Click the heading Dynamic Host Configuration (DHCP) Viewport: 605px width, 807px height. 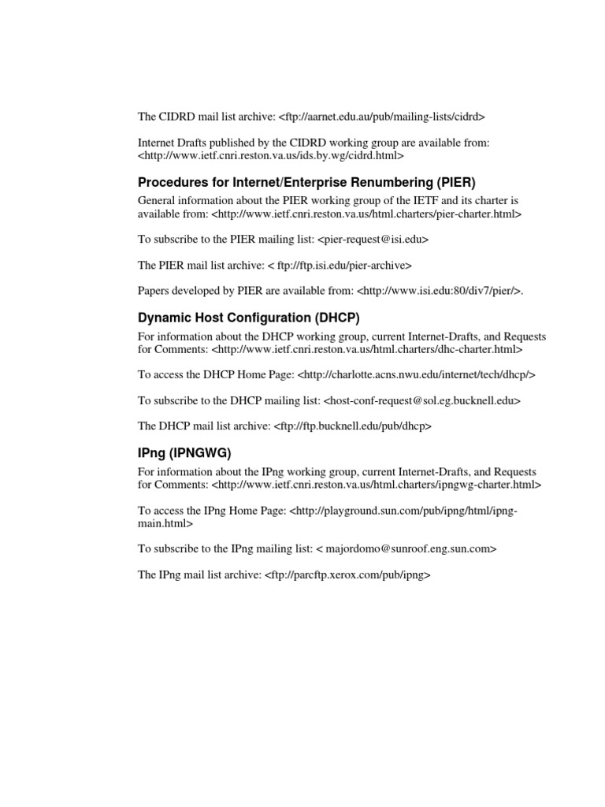(x=249, y=318)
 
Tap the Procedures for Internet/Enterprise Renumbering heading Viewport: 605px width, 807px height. (x=307, y=182)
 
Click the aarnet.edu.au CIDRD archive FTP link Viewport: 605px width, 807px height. (x=382, y=117)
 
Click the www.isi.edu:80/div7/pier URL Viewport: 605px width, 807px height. (x=439, y=292)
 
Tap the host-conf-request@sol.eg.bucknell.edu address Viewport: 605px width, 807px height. (x=422, y=400)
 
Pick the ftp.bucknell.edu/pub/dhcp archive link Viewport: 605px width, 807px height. (x=353, y=426)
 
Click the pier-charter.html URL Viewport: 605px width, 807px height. (x=366, y=213)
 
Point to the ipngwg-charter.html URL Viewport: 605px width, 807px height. (x=377, y=484)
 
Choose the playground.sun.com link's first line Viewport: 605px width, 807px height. (x=403, y=510)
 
